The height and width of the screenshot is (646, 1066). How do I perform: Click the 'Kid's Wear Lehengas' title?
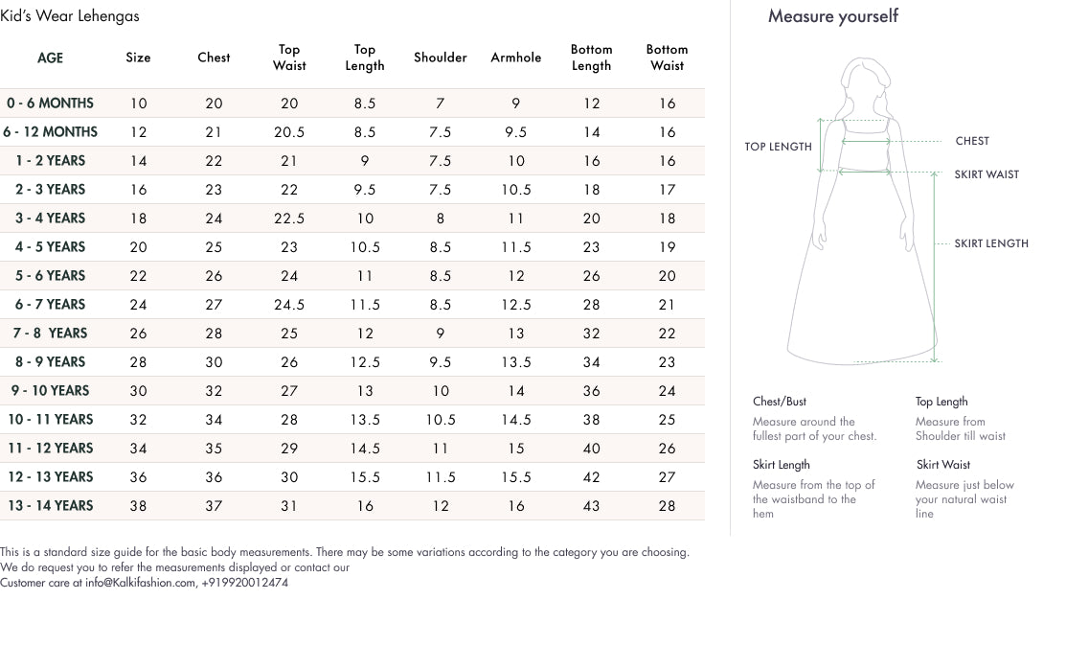70,15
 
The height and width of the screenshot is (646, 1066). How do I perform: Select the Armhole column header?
515,58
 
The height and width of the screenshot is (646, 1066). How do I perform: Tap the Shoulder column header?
440,58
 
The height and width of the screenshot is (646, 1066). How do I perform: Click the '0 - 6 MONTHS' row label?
50,104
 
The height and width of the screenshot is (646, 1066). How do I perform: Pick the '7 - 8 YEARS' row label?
50,334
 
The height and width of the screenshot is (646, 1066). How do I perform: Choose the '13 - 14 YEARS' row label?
50,506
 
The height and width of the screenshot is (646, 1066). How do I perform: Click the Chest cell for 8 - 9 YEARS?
214,362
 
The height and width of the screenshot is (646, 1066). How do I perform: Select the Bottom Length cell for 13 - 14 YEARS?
591,506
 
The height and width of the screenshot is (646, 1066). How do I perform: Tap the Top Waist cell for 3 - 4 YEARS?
289,219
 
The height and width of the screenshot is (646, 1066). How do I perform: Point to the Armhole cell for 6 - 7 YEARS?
515,305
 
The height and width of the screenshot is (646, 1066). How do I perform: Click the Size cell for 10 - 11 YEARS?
138,420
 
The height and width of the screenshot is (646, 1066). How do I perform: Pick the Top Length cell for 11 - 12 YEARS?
365,449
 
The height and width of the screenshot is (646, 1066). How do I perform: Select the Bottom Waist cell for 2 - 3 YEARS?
667,190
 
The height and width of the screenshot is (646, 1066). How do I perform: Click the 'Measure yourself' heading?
833,16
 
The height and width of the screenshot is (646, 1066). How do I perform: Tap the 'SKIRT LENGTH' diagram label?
991,243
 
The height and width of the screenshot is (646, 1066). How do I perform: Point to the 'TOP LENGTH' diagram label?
778,147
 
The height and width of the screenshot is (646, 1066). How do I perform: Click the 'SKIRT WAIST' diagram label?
987,174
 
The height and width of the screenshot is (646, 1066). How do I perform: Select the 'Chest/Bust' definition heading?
780,402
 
